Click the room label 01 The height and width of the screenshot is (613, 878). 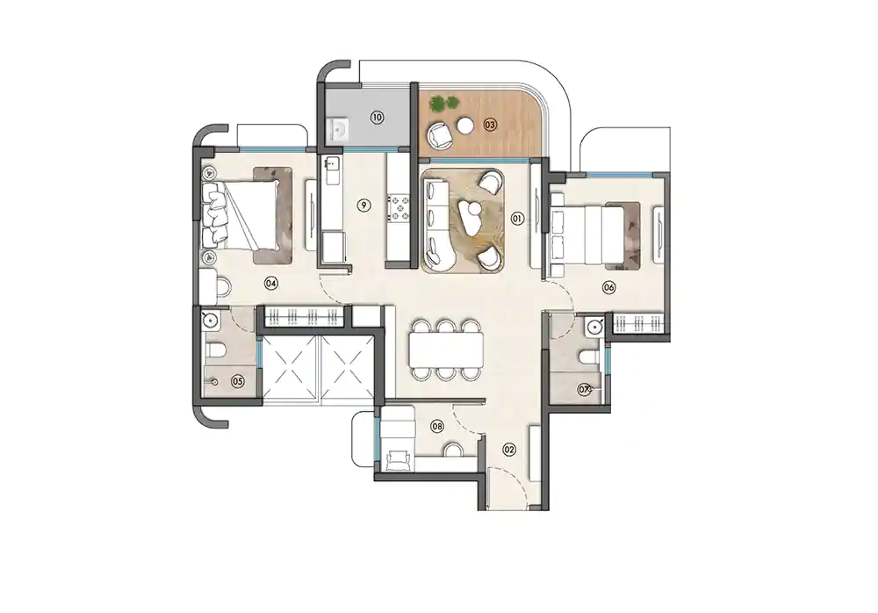click(517, 218)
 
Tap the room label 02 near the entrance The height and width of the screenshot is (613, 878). click(508, 450)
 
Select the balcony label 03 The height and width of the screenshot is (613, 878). click(490, 125)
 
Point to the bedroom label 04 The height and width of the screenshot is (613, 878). click(271, 283)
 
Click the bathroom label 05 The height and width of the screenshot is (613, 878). click(237, 381)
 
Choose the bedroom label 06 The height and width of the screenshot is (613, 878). click(608, 287)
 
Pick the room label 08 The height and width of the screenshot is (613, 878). click(437, 427)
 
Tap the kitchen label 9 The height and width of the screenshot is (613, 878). click(363, 206)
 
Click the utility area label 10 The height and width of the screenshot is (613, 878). click(377, 117)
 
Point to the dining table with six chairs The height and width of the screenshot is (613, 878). click(446, 350)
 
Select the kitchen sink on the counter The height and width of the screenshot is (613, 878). click(333, 164)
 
